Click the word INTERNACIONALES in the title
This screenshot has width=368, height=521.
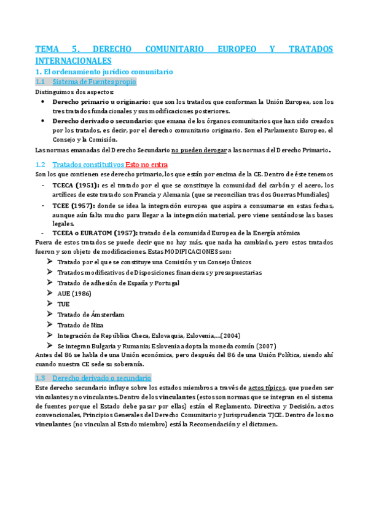(74, 61)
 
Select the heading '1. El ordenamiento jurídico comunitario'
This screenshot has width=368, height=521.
(104, 72)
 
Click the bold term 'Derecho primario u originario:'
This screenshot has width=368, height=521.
(101, 101)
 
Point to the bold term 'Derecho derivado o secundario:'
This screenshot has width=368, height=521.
(103, 121)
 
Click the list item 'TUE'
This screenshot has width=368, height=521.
(63, 304)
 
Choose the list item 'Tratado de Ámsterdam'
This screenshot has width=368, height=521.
(90, 315)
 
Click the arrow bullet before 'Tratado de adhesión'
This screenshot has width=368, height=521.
(50, 283)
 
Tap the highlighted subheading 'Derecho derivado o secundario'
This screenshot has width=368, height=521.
(102, 378)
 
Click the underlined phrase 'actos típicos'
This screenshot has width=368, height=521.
(267, 388)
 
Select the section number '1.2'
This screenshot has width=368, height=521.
(41, 165)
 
